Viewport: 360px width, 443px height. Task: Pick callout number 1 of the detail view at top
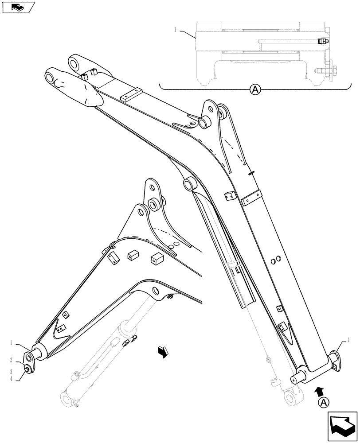[x=176, y=29]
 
